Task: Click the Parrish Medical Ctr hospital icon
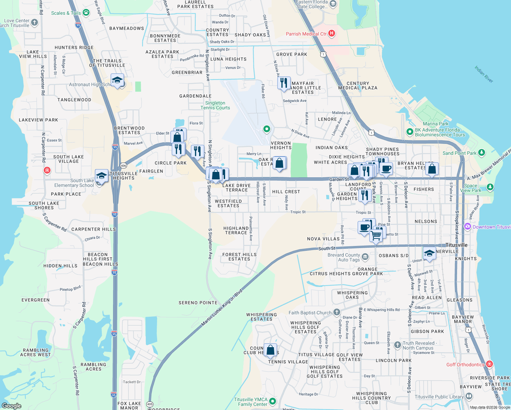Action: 331,33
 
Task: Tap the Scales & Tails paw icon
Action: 86,13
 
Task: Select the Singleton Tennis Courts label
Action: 215,105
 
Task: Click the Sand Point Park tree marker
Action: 482,153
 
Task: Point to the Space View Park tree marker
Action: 490,187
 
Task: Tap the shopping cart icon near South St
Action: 376,235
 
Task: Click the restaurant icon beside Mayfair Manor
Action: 284,83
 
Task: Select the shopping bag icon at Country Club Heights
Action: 270,350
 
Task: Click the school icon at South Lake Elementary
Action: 101,176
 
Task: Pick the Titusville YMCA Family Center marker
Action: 272,401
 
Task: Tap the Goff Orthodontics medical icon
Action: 489,364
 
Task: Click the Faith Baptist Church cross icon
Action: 337,312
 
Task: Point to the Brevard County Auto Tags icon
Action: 365,256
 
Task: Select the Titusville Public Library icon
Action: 469,396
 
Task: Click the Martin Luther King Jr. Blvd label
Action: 222,307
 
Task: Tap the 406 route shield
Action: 123,166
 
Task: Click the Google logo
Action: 12,406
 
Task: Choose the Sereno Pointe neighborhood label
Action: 198,303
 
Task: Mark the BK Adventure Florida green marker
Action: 410,132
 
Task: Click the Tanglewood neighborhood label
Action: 74,100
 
